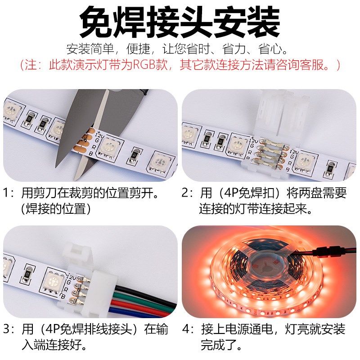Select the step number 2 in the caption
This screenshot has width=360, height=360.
[x=185, y=194]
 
